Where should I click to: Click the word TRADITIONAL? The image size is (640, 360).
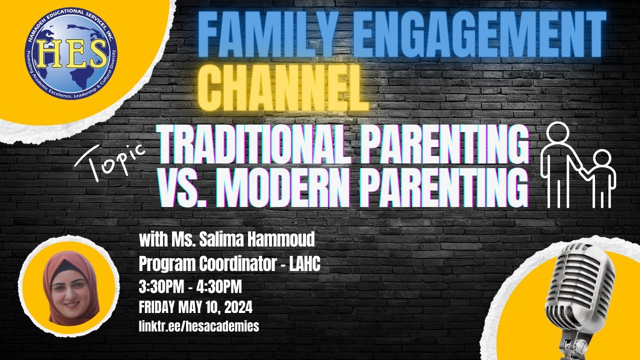[250, 145]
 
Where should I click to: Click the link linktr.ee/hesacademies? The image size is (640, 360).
[199, 326]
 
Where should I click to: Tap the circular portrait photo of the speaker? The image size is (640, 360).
[71, 287]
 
